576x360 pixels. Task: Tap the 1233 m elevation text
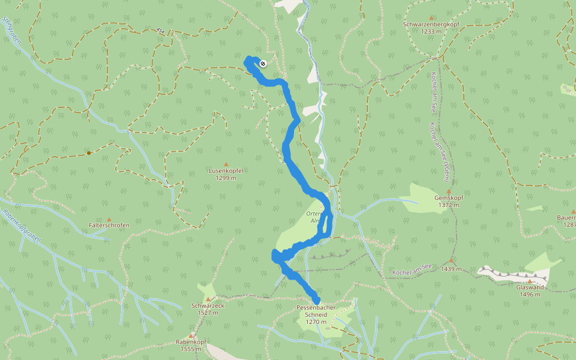tap(431, 31)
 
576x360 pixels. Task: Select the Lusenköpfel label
tap(226, 170)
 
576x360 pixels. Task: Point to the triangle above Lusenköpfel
tap(226, 164)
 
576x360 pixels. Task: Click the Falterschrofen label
tap(109, 225)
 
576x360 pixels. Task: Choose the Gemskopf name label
tap(448, 197)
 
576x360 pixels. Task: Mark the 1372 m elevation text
tap(448, 205)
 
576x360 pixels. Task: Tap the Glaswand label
tap(530, 287)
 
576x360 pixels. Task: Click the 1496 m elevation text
tap(530, 294)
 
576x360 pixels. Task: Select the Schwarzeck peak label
tap(208, 305)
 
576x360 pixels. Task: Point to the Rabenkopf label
tap(191, 341)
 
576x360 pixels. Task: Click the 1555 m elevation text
tap(191, 349)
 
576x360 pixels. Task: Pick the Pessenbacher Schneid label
tap(316, 311)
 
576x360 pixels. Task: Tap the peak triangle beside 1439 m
tap(451, 261)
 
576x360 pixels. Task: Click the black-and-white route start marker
tap(263, 64)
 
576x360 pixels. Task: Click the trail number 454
tap(160, 30)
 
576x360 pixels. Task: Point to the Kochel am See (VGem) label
tap(442, 153)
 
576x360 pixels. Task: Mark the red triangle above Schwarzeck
tap(208, 299)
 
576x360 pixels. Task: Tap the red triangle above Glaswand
tap(530, 280)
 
